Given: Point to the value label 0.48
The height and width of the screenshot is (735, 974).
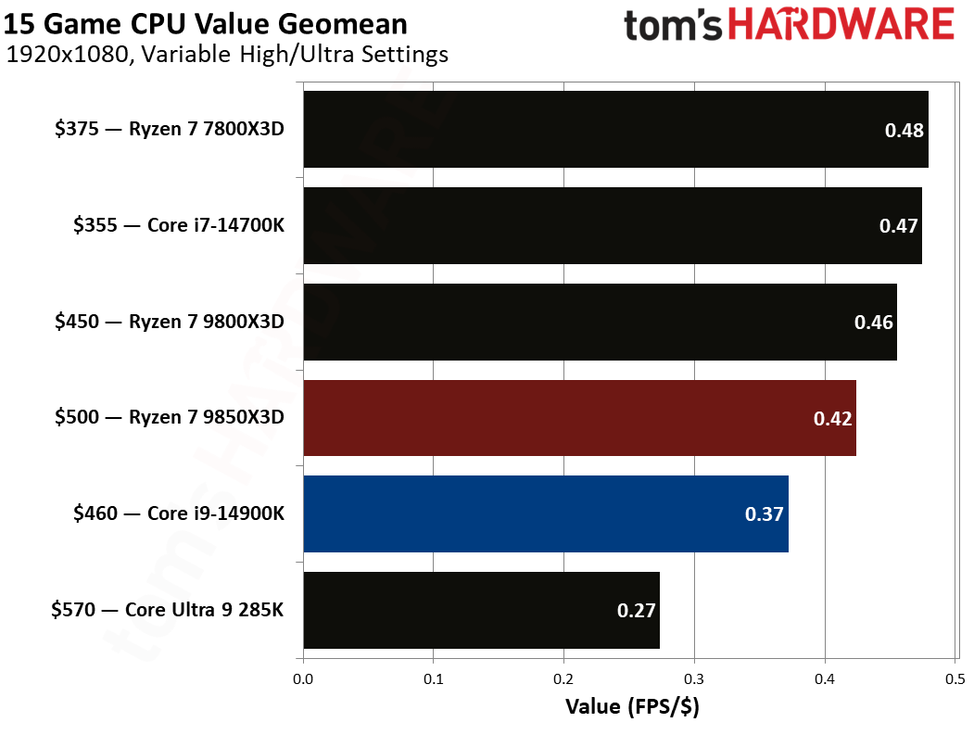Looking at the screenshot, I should (x=904, y=131).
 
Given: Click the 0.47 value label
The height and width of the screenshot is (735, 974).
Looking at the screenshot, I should (x=897, y=226).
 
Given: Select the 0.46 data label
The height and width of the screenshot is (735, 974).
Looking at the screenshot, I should (x=873, y=323).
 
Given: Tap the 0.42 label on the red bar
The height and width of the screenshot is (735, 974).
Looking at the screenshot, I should (x=832, y=418).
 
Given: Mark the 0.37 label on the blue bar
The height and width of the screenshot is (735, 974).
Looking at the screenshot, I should (x=765, y=514).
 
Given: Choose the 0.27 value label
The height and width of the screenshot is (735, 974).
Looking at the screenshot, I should (x=636, y=611).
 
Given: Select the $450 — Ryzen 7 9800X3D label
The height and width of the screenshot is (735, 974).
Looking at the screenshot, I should (x=168, y=322).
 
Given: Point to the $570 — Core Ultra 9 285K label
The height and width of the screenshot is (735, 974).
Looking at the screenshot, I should (x=168, y=610).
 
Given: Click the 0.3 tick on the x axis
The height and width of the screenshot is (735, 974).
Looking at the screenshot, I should (x=694, y=679).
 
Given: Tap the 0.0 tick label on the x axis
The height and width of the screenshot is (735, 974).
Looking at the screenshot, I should (x=303, y=679).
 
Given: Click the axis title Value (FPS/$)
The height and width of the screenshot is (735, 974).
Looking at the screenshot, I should (x=632, y=707).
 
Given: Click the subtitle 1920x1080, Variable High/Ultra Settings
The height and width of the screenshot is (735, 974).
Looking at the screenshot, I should (x=227, y=55).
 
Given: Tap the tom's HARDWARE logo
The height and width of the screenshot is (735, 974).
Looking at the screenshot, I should (x=789, y=25).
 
